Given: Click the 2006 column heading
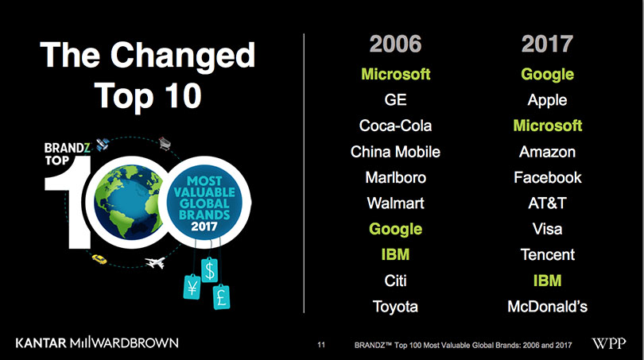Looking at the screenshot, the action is tap(395, 44).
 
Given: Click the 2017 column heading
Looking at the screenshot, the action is tap(547, 44).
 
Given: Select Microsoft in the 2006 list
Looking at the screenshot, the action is tap(395, 74).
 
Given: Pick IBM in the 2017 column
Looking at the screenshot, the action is tap(547, 281).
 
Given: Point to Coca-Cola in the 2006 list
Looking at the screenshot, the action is tap(395, 126).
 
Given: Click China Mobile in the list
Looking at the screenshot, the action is tap(395, 152).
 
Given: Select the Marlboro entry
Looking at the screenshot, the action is tap(395, 178).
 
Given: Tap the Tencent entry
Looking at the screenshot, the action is tap(548, 254).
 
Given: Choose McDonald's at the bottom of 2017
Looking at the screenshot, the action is tap(548, 307).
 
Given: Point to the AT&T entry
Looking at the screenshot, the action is tap(547, 203).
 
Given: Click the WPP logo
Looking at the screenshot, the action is tap(609, 343).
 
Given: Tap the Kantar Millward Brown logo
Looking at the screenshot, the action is tap(97, 343).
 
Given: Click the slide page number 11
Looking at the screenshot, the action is tap(321, 345).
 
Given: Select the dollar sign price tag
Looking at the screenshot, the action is tap(209, 269).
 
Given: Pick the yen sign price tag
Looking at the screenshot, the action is tap(192, 287).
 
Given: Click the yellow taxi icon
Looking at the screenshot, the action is tap(99, 259).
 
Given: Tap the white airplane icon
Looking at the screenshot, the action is tap(155, 262).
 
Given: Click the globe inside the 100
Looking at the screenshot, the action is tap(128, 202).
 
